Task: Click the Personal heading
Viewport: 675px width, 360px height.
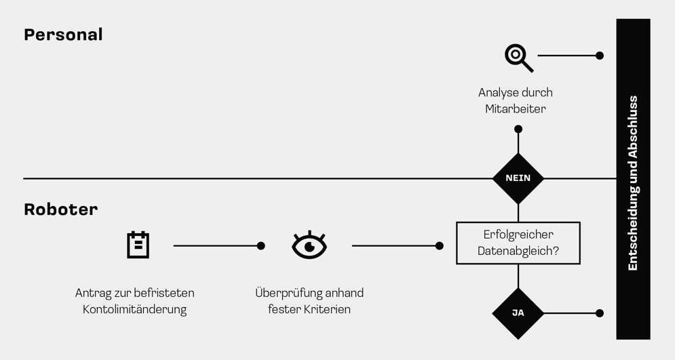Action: pyautogui.click(x=63, y=35)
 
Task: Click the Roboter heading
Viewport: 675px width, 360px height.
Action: pyautogui.click(x=60, y=209)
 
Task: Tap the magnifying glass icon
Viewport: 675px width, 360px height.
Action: pyautogui.click(x=518, y=57)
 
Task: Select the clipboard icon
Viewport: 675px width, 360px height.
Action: pyautogui.click(x=138, y=245)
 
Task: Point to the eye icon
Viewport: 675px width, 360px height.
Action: pyautogui.click(x=309, y=245)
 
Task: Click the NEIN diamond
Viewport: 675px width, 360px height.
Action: pyautogui.click(x=518, y=178)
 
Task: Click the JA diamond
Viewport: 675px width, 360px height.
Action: pyautogui.click(x=518, y=313)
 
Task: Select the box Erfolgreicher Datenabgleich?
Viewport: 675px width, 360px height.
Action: pyautogui.click(x=518, y=243)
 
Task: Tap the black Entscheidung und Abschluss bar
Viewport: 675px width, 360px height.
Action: pyautogui.click(x=633, y=179)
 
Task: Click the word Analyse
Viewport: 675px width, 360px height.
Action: pyautogui.click(x=499, y=93)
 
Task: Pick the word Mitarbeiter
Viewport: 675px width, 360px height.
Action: pyautogui.click(x=516, y=109)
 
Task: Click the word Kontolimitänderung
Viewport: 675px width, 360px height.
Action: pyautogui.click(x=134, y=310)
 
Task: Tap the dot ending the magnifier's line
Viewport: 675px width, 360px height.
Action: pyautogui.click(x=600, y=56)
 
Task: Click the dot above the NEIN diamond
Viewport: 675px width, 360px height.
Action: pyautogui.click(x=518, y=129)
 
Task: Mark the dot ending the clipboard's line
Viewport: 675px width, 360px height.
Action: pyautogui.click(x=261, y=245)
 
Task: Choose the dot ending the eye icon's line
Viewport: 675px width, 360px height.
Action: pyautogui.click(x=440, y=245)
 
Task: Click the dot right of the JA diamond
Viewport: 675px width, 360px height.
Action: pyautogui.click(x=600, y=313)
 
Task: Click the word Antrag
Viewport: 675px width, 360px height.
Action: pyautogui.click(x=92, y=294)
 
